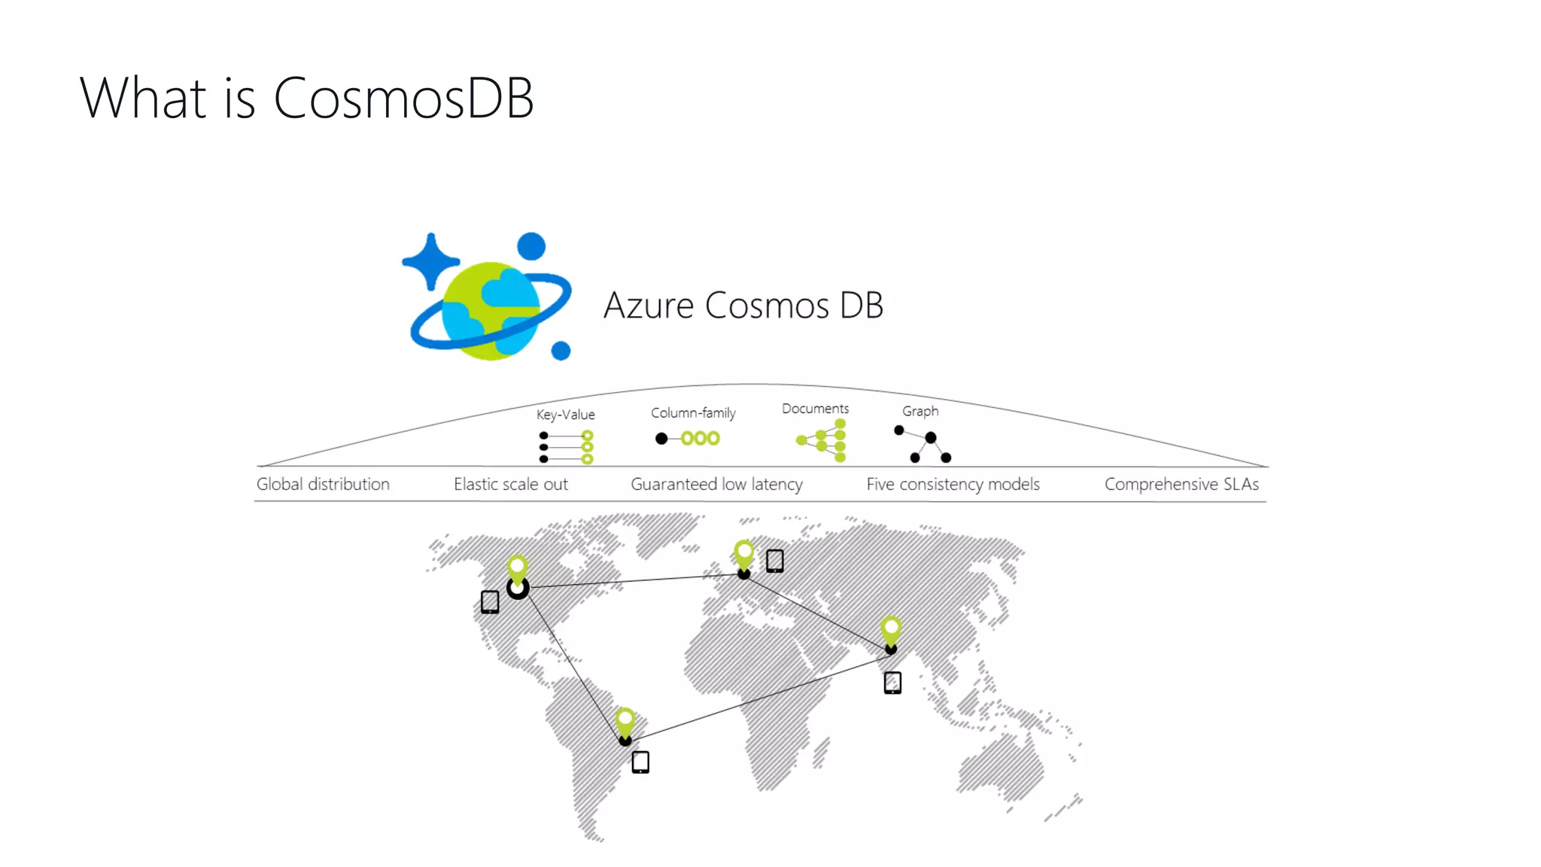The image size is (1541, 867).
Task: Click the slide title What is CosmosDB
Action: click(306, 99)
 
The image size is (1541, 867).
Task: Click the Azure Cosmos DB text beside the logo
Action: click(743, 306)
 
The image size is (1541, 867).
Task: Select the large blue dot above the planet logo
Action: click(531, 246)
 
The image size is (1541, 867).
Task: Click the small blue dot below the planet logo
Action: click(561, 351)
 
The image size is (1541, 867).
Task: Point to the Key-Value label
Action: click(565, 415)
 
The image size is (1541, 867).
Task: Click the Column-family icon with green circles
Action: click(690, 438)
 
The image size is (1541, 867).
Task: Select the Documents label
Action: click(815, 409)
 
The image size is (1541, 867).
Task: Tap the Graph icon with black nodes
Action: click(922, 444)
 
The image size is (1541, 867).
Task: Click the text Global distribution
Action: click(323, 484)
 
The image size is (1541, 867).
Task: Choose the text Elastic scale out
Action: click(510, 484)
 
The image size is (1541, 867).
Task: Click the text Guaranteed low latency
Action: click(716, 484)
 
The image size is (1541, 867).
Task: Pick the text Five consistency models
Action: click(953, 484)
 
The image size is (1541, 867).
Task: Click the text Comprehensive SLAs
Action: click(1181, 484)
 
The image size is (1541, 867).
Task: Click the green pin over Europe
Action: click(743, 554)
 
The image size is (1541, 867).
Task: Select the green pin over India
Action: click(891, 630)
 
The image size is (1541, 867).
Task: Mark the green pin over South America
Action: click(625, 721)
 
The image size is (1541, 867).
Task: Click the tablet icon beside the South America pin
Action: click(640, 762)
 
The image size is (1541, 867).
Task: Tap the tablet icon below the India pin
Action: click(892, 683)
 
